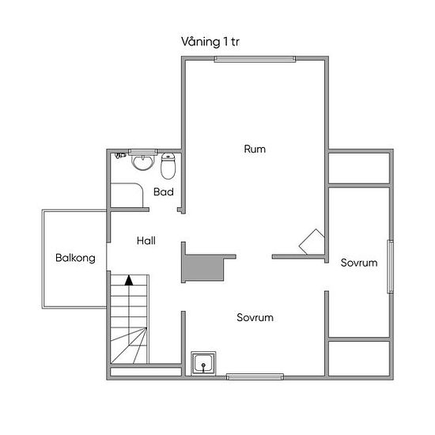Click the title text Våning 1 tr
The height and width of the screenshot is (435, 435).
pos(210,42)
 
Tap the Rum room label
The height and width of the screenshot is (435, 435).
pos(255,149)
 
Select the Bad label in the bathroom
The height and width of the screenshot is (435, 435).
pos(164,191)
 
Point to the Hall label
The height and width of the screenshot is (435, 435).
pos(146,240)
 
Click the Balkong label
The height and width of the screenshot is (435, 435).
pos(75,258)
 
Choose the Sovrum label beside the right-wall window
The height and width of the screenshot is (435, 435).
pos(359,263)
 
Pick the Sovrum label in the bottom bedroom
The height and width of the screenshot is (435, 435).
pos(255,317)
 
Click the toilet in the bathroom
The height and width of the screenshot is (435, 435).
pos(168,166)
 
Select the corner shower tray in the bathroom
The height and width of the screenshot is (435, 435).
pos(127,195)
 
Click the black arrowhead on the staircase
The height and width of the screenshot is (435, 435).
pos(129,280)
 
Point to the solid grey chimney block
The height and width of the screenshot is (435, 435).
pos(203,268)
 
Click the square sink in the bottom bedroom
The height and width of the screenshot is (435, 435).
pos(203,364)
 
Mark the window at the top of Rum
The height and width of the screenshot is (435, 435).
pos(255,59)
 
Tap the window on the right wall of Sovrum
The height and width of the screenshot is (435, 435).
pos(391,267)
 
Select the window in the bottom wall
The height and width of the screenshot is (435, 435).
pos(255,376)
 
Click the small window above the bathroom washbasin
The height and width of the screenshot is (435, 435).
pos(143,152)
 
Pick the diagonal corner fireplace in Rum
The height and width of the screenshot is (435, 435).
pos(312,242)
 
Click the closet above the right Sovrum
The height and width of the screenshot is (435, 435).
pos(359,168)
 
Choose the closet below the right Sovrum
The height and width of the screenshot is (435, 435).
pos(359,358)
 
